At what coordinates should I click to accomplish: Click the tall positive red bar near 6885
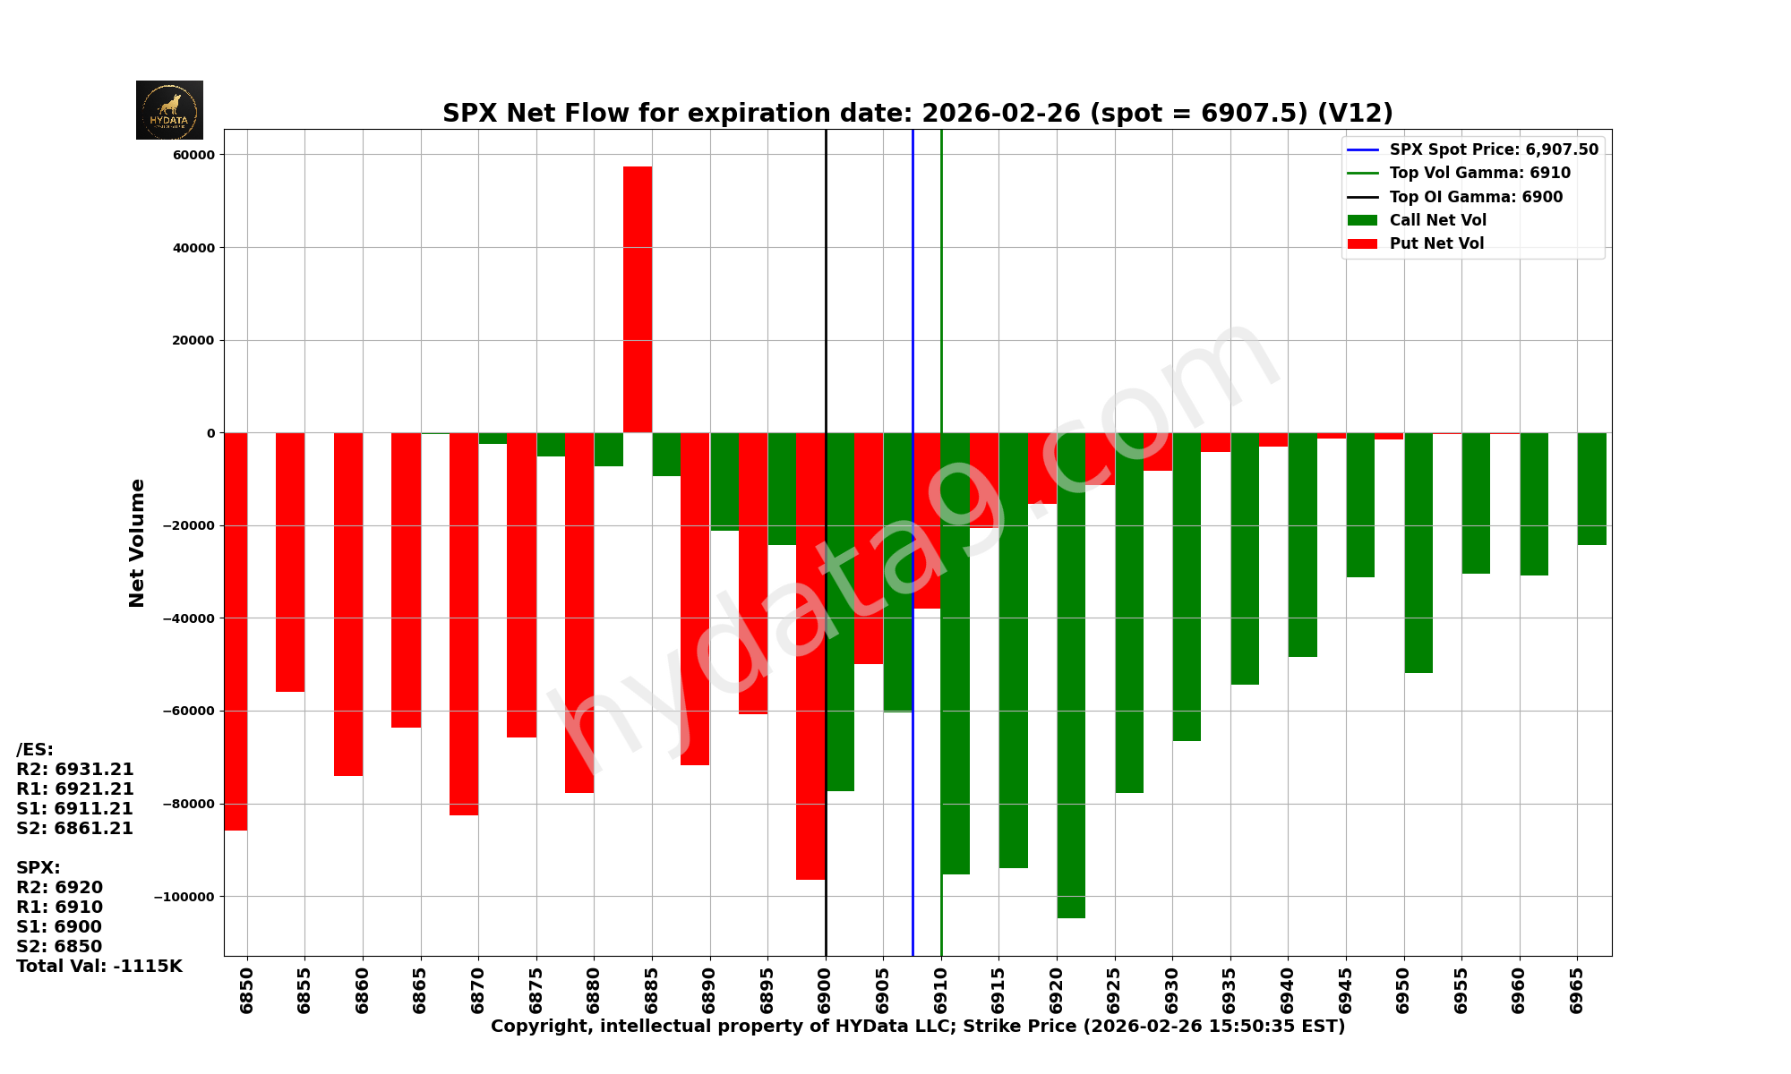coord(638,300)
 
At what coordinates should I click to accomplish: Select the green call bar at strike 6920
coord(1071,676)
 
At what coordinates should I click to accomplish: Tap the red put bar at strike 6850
coord(236,631)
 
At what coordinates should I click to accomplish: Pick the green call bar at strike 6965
coord(1591,489)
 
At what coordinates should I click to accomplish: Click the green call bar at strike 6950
coord(1418,553)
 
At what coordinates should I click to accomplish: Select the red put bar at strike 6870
coord(464,624)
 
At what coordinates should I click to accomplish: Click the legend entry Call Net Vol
coord(1437,220)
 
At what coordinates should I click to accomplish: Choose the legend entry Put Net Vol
coord(1436,243)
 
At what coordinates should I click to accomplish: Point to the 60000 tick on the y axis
coord(195,155)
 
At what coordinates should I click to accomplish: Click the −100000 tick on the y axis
coord(186,897)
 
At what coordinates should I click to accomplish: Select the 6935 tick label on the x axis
coord(1230,991)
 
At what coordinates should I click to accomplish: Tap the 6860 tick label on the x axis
coord(363,991)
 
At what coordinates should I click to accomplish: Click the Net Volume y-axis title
coord(137,542)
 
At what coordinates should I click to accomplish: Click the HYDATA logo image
coord(169,110)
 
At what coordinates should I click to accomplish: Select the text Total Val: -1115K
coord(99,967)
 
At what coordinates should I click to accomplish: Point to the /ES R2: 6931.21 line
coord(75,770)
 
